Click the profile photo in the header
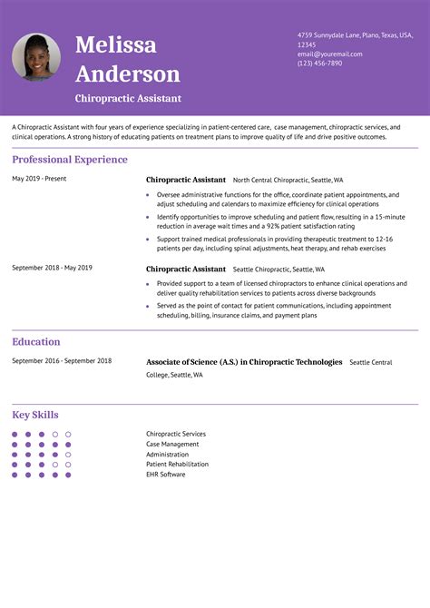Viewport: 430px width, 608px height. click(x=36, y=57)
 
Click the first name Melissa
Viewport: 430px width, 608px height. click(x=115, y=44)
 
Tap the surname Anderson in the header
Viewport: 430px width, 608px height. click(x=128, y=74)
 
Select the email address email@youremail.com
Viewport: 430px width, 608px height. click(x=329, y=54)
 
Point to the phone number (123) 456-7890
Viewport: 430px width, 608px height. click(x=319, y=64)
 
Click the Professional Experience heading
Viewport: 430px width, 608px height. click(x=70, y=160)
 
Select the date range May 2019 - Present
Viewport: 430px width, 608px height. click(x=39, y=179)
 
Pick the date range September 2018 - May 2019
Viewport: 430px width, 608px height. click(x=52, y=268)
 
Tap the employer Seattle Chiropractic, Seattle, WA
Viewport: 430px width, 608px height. click(x=279, y=270)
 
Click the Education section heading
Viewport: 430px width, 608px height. click(x=36, y=342)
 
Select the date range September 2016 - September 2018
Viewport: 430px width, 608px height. click(x=62, y=361)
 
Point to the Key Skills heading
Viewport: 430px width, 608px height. click(x=35, y=415)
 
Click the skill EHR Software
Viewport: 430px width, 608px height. click(x=165, y=474)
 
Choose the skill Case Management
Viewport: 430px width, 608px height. click(x=172, y=444)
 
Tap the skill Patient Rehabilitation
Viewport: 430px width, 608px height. click(x=177, y=464)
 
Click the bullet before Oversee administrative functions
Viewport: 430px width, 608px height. click(x=148, y=195)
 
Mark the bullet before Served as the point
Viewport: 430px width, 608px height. click(x=148, y=306)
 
